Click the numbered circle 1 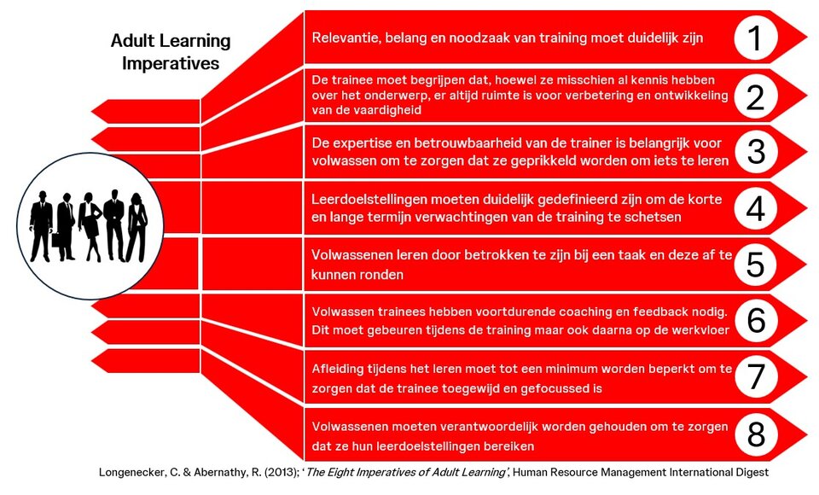click(x=755, y=38)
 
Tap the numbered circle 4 click(x=755, y=208)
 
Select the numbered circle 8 click(x=756, y=434)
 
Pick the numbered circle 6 click(x=756, y=320)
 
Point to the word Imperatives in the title click(x=171, y=63)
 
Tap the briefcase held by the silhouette click(x=56, y=240)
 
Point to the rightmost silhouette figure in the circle click(x=136, y=227)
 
